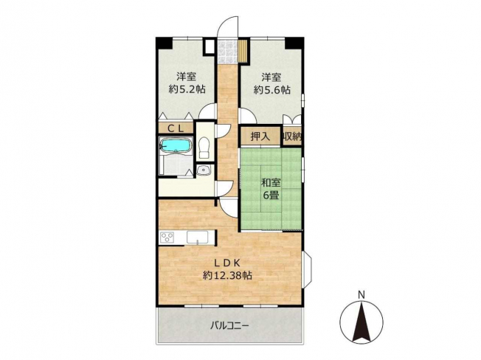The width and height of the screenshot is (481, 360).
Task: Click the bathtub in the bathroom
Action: click(176, 145)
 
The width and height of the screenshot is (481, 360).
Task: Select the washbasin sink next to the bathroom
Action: click(203, 170)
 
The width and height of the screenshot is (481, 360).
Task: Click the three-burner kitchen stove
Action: click(167, 238)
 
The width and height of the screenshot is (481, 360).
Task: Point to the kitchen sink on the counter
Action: click(197, 238)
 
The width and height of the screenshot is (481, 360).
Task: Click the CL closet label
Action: click(175, 128)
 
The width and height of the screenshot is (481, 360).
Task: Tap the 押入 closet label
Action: click(260, 136)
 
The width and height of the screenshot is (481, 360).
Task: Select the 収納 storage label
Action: click(292, 136)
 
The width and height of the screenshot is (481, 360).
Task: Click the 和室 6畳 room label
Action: click(271, 189)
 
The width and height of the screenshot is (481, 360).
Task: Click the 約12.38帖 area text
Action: click(227, 275)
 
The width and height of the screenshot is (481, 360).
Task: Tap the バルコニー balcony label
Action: click(229, 325)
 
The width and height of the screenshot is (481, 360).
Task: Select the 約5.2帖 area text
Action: click(187, 89)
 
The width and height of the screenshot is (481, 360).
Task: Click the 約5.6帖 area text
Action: click(271, 90)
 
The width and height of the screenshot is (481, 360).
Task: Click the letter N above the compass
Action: click(361, 295)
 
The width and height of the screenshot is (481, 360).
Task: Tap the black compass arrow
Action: click(361, 322)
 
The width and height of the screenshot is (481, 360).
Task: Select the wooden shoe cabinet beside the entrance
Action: click(243, 51)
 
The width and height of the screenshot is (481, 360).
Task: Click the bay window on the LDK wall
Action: click(308, 270)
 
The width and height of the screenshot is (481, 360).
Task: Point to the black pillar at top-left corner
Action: click(164, 43)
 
